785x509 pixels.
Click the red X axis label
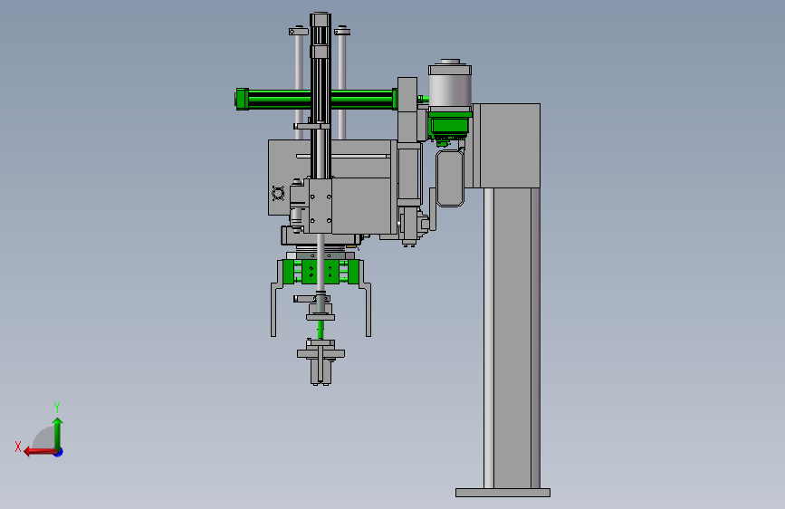tap(18, 447)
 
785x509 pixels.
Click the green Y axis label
tap(57, 407)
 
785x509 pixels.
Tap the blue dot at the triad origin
tap(59, 452)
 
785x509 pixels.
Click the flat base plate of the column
tap(503, 493)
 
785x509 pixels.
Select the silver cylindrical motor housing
tap(450, 85)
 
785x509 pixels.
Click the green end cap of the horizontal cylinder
tap(243, 100)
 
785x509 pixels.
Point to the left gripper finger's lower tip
tap(273, 335)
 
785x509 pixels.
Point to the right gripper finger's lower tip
tap(369, 335)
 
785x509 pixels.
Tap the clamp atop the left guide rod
tap(299, 32)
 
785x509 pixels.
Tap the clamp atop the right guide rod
tap(342, 32)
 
